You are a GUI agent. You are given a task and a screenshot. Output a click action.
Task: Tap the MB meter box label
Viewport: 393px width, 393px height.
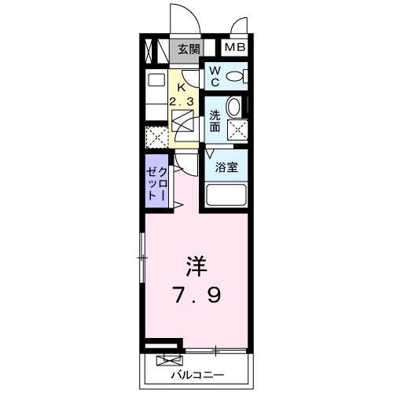pos(236,49)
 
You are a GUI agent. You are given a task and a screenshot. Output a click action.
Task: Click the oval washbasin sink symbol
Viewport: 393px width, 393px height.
pos(234,107)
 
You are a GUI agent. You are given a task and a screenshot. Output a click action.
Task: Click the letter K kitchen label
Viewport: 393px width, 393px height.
pos(182,88)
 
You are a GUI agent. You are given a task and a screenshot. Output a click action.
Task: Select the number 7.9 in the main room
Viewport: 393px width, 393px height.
pos(197,296)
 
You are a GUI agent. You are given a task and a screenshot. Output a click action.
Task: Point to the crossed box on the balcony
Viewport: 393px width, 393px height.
pos(167,361)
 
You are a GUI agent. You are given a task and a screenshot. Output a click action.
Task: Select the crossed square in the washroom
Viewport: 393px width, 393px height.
pos(237,130)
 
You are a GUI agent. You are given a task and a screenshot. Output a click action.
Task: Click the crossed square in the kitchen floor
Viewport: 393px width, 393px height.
pos(183,123)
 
